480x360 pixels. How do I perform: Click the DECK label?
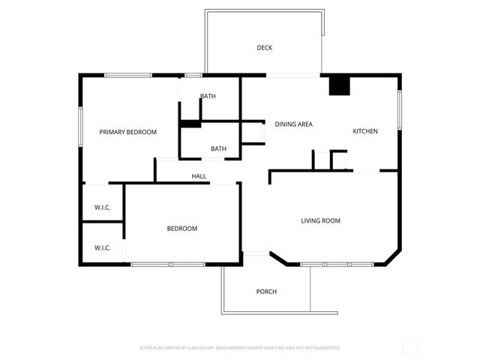pos(264,48)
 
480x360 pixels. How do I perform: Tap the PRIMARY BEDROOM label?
pos(128,132)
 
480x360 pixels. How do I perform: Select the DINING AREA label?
pos(293,124)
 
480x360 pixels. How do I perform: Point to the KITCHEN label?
pos(365,131)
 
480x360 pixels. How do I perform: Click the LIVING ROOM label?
pos(321,220)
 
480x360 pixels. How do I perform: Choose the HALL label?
pos(199,176)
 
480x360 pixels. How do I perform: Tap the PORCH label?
pos(266,292)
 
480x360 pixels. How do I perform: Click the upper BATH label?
pos(208,96)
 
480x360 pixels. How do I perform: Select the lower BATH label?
pos(218,148)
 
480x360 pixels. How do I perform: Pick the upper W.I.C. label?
pos(103,207)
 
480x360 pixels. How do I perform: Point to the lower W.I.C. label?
pos(103,247)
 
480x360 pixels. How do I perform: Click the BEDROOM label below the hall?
pos(181,229)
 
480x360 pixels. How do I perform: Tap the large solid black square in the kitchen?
pos(340,85)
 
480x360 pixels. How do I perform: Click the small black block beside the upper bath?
pos(190,124)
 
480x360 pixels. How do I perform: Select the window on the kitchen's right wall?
pos(400,109)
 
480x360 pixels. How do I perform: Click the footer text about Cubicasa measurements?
pos(240,348)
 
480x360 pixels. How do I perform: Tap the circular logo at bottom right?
pos(410,347)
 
